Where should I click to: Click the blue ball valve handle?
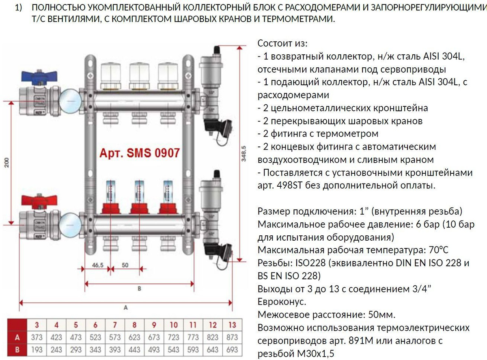39,77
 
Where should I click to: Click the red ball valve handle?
39,202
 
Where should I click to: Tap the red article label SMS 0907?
140,153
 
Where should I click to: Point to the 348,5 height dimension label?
243,153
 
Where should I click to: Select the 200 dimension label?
7,162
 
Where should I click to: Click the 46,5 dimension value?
98,265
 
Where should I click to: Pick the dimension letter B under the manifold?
139,289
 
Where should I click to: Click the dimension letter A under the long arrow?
125,308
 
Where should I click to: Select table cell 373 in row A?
37,337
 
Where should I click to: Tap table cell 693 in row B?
232,349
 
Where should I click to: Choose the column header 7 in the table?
115,325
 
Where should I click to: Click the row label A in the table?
17,337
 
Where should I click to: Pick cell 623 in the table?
134,337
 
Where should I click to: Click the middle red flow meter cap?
140,208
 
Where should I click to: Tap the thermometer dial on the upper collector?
70,101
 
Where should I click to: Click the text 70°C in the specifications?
438,250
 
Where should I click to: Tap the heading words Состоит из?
282,43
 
